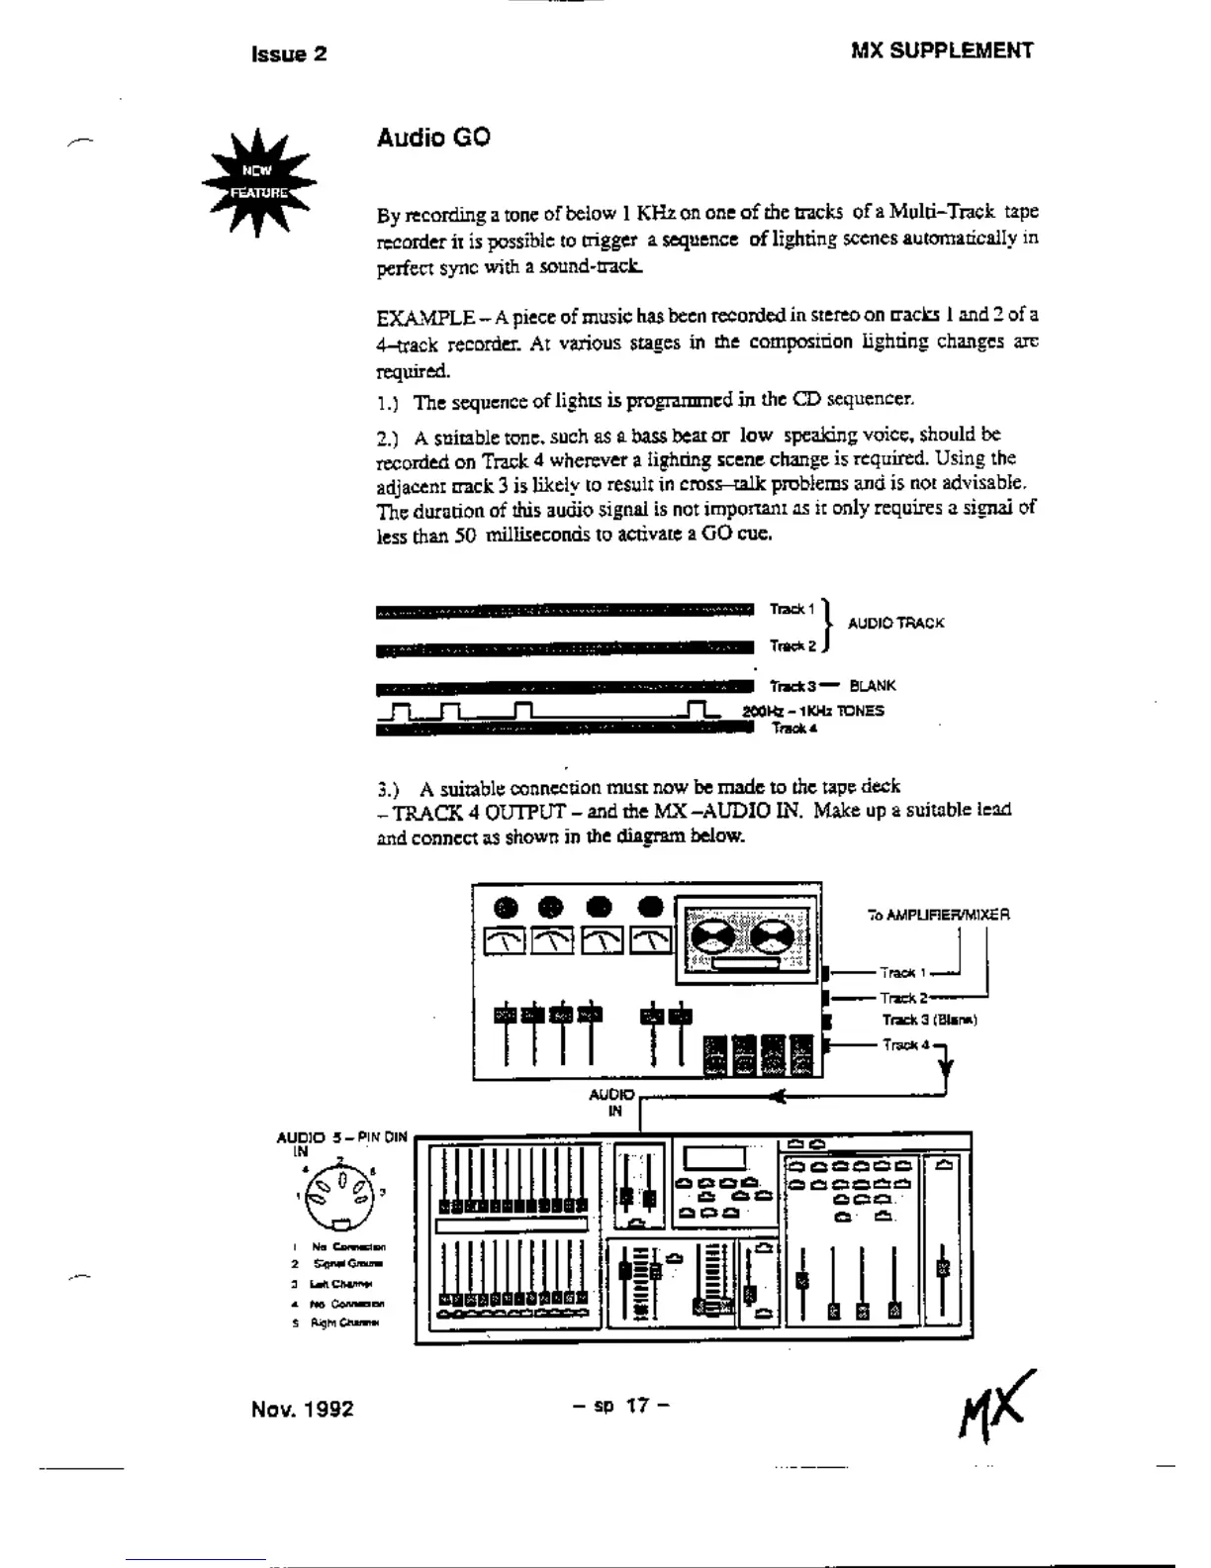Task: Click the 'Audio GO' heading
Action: click(432, 138)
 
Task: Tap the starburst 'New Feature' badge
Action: click(259, 183)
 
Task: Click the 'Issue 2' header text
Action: click(289, 54)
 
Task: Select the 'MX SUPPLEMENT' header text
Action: click(941, 51)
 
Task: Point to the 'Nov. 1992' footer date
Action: click(302, 1409)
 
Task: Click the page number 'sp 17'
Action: click(621, 1405)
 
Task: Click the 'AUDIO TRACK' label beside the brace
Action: click(895, 624)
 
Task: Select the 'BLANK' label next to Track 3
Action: click(873, 686)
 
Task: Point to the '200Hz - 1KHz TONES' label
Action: click(813, 711)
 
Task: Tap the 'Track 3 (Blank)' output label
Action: click(929, 1021)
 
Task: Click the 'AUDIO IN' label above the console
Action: click(611, 1102)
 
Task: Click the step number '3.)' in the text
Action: click(388, 790)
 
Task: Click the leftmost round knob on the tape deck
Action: click(506, 907)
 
